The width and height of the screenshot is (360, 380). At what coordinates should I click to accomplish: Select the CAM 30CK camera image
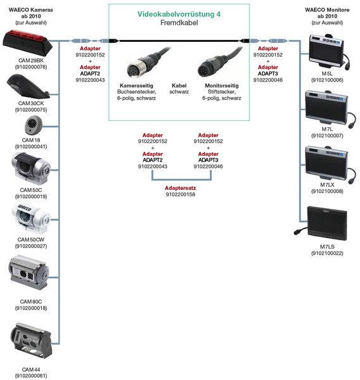(28, 87)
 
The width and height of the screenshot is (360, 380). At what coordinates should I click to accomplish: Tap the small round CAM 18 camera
(34, 125)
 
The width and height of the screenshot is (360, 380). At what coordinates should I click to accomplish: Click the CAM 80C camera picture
(29, 272)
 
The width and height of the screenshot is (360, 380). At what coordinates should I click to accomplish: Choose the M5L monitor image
(328, 52)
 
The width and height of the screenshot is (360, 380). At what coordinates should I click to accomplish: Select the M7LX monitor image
(330, 164)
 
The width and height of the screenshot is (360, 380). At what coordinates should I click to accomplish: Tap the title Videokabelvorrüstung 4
(179, 14)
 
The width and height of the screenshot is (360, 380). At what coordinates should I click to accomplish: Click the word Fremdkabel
(179, 23)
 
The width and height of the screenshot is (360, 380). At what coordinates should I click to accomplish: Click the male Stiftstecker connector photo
(220, 62)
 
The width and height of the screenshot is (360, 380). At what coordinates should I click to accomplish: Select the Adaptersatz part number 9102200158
(180, 194)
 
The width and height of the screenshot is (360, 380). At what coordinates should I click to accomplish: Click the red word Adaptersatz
(180, 188)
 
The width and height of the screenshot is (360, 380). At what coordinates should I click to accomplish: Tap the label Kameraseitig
(136, 85)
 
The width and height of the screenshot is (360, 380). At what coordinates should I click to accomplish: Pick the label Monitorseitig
(221, 85)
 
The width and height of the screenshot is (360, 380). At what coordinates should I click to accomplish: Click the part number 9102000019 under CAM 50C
(31, 196)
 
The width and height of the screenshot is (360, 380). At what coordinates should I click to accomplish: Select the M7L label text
(327, 129)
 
